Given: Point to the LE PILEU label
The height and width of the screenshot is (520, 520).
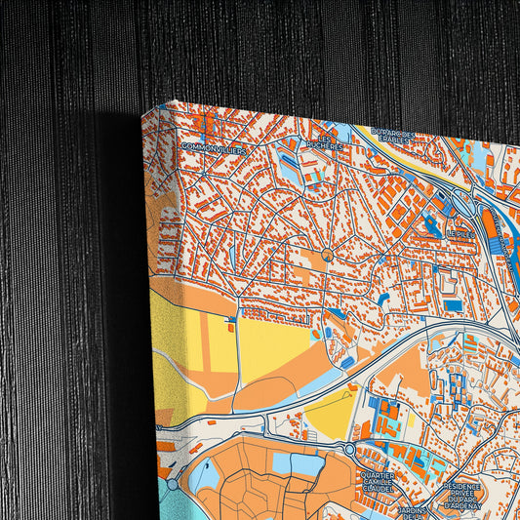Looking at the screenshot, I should [459, 235].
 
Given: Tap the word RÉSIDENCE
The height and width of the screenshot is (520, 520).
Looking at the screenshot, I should [461, 485].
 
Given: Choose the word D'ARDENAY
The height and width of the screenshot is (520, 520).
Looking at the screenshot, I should [463, 504].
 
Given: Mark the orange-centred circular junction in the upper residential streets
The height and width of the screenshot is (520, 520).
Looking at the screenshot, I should [328, 255].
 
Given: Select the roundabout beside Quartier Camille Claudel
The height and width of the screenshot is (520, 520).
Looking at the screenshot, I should [349, 450].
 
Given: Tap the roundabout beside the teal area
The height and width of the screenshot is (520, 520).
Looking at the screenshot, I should [173, 484].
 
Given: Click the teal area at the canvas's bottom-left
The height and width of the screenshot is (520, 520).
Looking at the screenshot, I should [162, 503].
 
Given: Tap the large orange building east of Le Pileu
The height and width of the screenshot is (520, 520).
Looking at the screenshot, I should [489, 223].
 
